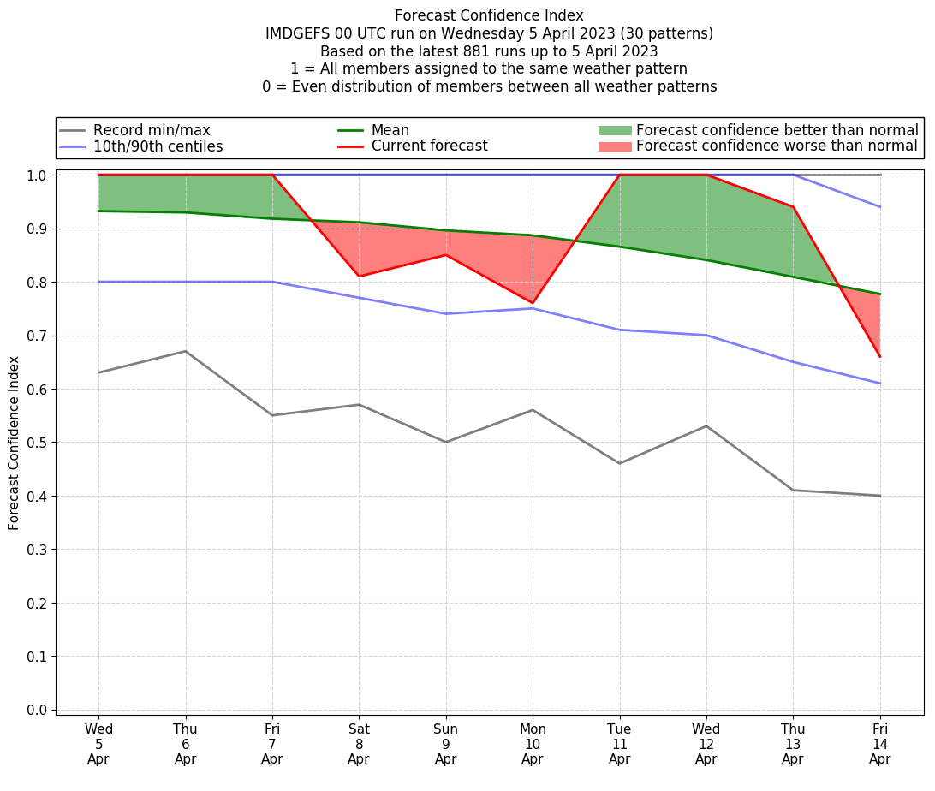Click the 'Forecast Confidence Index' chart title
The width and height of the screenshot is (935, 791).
[489, 15]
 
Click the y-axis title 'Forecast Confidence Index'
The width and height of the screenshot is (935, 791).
[15, 443]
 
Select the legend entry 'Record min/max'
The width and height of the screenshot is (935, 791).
[152, 130]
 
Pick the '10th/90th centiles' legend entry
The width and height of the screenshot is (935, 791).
[158, 146]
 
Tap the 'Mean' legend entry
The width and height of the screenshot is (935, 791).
[390, 130]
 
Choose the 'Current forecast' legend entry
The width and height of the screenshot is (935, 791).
[429, 146]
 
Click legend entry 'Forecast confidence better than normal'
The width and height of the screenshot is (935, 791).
[777, 130]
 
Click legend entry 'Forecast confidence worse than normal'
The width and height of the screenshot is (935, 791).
[777, 146]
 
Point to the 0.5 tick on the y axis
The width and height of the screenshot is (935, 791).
[38, 443]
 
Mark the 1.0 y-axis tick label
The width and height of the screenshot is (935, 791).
[38, 175]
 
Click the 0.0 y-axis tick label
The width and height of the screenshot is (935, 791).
[38, 710]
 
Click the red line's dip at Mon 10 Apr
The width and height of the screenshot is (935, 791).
[533, 303]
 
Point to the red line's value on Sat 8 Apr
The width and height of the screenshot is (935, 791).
[359, 277]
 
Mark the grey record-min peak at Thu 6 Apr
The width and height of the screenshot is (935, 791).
[186, 351]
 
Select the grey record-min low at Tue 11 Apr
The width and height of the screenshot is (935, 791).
[619, 463]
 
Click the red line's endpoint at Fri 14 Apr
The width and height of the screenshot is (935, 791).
[879, 356]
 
